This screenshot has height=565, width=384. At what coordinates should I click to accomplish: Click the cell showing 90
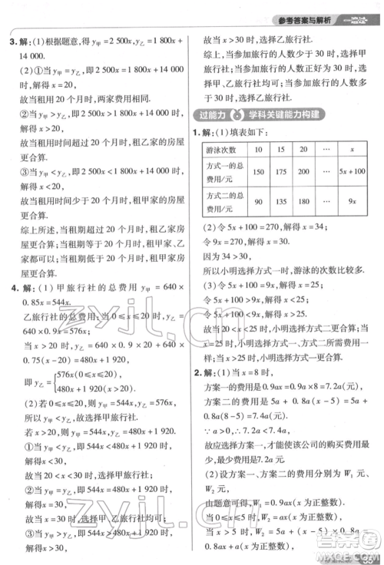click(x=259, y=201)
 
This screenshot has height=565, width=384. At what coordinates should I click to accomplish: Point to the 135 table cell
click(x=282, y=201)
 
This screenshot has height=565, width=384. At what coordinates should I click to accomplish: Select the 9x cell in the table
click(x=352, y=201)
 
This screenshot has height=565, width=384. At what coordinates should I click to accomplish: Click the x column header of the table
click(x=352, y=149)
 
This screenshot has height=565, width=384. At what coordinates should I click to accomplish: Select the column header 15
click(x=282, y=149)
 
